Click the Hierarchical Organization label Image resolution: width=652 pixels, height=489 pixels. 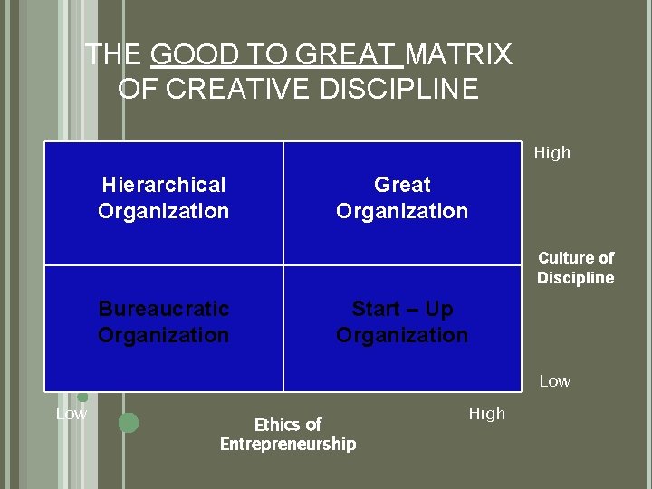click(x=164, y=197)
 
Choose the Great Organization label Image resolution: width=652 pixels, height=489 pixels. click(x=402, y=197)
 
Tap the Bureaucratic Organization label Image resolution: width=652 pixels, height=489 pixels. click(x=164, y=321)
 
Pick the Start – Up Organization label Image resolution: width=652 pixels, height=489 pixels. click(x=402, y=321)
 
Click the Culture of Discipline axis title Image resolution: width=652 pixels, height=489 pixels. click(x=576, y=268)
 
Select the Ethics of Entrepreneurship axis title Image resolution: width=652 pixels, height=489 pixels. click(x=288, y=434)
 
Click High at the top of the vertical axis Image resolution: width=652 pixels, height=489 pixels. click(x=552, y=153)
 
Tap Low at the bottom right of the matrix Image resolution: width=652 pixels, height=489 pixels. click(x=555, y=381)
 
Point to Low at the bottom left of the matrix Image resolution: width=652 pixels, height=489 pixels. click(x=72, y=414)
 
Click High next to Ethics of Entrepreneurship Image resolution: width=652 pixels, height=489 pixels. click(x=487, y=414)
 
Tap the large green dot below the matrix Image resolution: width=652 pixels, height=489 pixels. click(x=129, y=422)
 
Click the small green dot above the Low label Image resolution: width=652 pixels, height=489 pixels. click(x=82, y=397)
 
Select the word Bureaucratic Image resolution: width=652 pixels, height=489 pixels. click(x=164, y=309)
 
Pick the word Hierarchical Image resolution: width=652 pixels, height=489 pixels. click(x=164, y=185)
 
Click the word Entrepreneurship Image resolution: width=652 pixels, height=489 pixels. click(x=288, y=444)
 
